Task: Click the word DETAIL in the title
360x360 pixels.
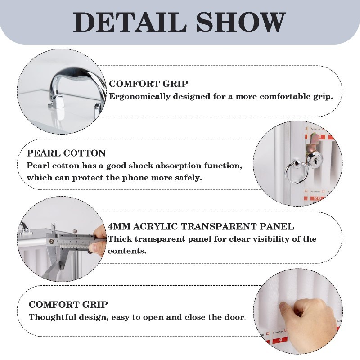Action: coord(130,22)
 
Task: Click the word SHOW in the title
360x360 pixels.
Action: coord(241,22)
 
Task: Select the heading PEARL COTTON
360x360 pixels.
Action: coord(66,153)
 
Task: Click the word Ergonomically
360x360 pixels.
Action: coord(139,96)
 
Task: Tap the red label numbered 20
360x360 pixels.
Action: coord(317,198)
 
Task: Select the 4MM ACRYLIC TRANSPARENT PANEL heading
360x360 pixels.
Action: coord(201,227)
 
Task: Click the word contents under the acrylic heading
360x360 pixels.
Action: coord(127,251)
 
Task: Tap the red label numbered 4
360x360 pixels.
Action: coord(280,340)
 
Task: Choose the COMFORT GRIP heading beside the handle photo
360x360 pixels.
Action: coord(148,84)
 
